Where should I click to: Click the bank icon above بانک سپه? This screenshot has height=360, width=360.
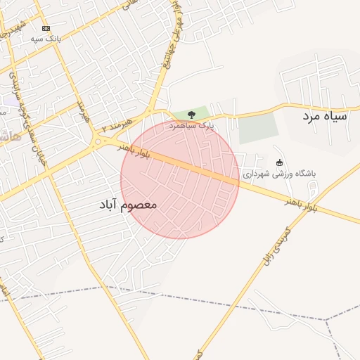pos(46,28)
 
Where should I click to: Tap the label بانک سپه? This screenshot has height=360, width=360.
pos(46,39)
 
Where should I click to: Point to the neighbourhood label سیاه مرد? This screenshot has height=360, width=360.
pos(326,115)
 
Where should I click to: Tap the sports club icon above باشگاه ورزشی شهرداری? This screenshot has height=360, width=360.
pos(279,162)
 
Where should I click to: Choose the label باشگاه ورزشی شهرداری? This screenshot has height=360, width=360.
pos(280,173)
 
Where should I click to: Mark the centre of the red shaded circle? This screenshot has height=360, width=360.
pos(180,179)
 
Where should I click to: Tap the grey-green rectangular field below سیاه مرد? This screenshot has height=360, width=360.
pos(258,129)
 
